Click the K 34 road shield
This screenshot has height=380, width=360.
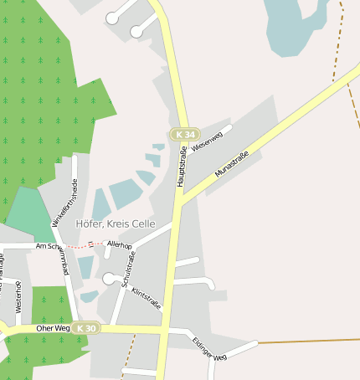click(x=184, y=134)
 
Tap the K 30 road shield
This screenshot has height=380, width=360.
click(x=84, y=328)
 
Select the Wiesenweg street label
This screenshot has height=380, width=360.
click(x=207, y=141)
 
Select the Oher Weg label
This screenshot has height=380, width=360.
click(x=54, y=328)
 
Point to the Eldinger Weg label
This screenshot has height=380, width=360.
click(x=208, y=349)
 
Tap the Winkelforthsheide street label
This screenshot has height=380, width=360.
click(x=64, y=203)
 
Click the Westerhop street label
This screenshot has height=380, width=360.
click(x=18, y=298)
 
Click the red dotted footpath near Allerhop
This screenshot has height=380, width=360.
click(x=84, y=246)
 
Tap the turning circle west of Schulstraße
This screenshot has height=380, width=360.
click(x=108, y=278)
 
